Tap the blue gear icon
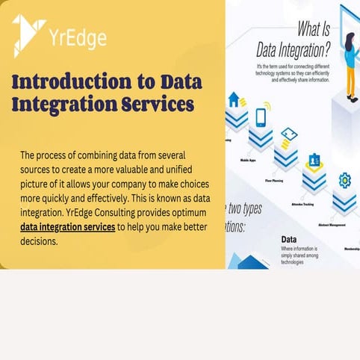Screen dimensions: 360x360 click(x=344, y=180)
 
